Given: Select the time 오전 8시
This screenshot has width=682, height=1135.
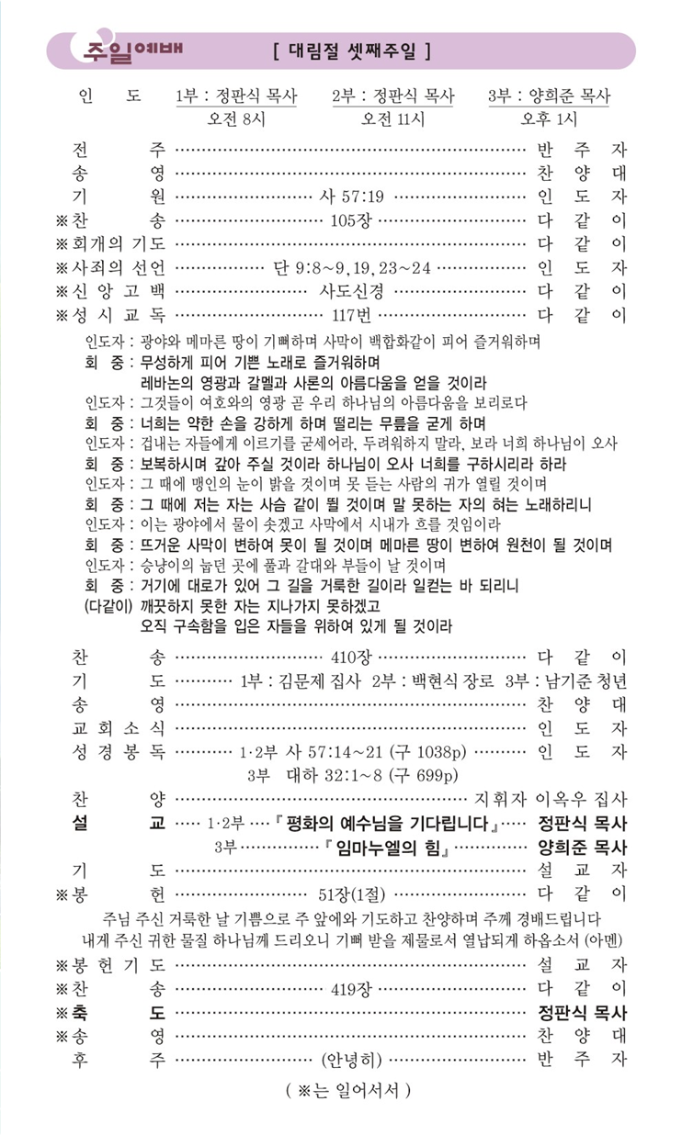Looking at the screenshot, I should (x=236, y=118).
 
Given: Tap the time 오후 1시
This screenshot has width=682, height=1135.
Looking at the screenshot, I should (x=550, y=118).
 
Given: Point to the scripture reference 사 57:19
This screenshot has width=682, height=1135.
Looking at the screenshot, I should (x=351, y=196).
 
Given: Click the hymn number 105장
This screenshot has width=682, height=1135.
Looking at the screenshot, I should (x=353, y=219).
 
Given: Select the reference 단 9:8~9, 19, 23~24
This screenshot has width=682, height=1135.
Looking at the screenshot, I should (x=352, y=267).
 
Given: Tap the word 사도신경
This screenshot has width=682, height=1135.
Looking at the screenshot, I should (x=351, y=291).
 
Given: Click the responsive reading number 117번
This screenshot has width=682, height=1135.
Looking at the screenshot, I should (x=351, y=315).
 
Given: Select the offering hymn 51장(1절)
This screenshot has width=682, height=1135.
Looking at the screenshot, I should (x=352, y=893).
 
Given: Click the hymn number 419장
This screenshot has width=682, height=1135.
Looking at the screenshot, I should (x=353, y=989).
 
